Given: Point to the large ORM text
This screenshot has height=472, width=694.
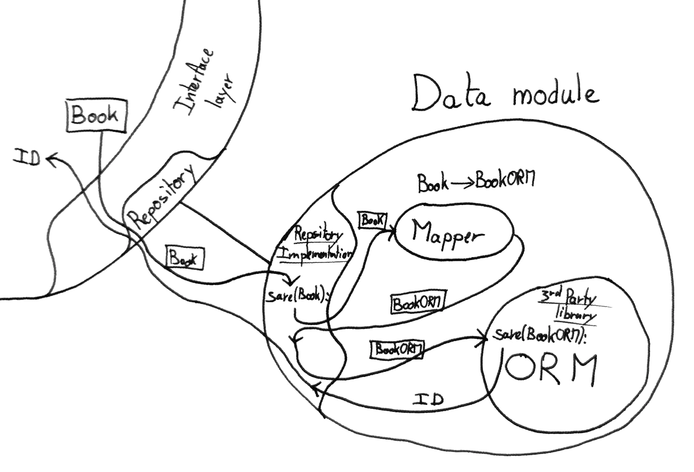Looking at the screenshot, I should click(x=548, y=369).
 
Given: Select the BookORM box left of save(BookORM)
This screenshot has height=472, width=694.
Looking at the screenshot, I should click(x=397, y=349).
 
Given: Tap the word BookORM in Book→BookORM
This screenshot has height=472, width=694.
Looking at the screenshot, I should click(x=504, y=182).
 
